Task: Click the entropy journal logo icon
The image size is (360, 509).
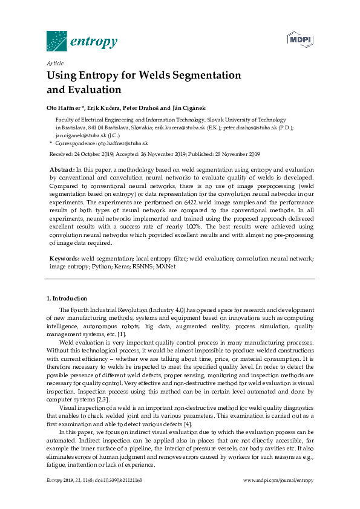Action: click(56, 41)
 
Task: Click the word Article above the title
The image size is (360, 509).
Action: click(55, 63)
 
